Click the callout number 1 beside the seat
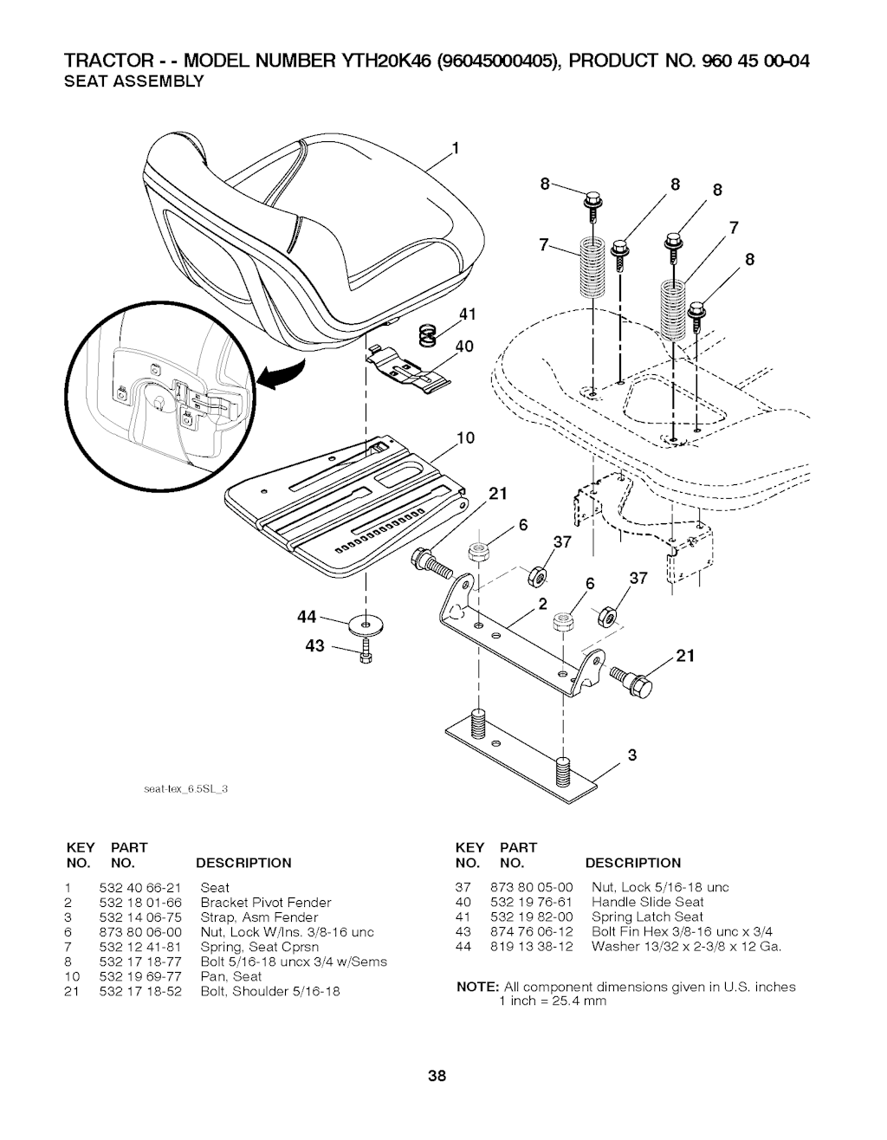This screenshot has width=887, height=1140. pyautogui.click(x=456, y=148)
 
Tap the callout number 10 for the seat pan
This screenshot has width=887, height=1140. pyautogui.click(x=465, y=438)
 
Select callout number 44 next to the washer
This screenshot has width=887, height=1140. pyautogui.click(x=307, y=617)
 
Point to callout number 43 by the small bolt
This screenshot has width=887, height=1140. pyautogui.click(x=314, y=646)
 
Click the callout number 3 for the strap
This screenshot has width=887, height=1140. pyautogui.click(x=632, y=755)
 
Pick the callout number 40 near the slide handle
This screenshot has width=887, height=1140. pyautogui.click(x=464, y=347)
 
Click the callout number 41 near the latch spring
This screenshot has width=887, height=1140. pyautogui.click(x=468, y=314)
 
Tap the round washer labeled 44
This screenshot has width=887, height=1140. pyautogui.click(x=365, y=625)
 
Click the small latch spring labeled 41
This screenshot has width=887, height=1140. pyautogui.click(x=428, y=335)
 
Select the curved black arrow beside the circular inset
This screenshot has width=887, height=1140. pyautogui.click(x=284, y=373)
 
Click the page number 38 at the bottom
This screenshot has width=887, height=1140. pyautogui.click(x=437, y=1077)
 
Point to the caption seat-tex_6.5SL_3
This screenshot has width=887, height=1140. pyautogui.click(x=185, y=789)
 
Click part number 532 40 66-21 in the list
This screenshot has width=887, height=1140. pyautogui.click(x=140, y=888)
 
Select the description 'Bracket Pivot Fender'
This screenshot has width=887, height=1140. pyautogui.click(x=266, y=903)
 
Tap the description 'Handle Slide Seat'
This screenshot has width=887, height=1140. pyautogui.click(x=647, y=902)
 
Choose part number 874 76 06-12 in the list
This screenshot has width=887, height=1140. pyautogui.click(x=531, y=932)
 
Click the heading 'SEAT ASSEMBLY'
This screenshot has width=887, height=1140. pyautogui.click(x=133, y=81)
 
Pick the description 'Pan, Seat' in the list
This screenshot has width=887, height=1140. pyautogui.click(x=230, y=976)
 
